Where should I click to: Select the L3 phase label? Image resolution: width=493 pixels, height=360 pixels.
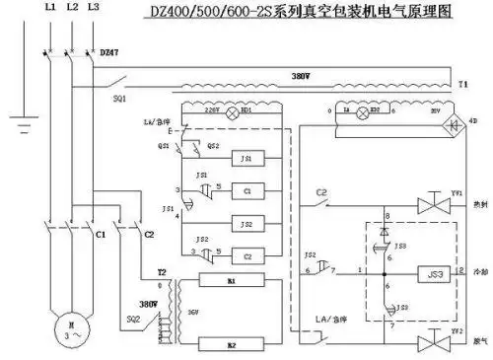(94, 8)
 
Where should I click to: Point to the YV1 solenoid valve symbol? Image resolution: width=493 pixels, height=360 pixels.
(430, 205)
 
